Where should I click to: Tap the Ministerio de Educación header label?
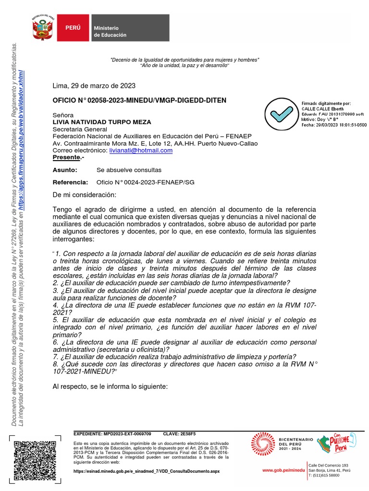(110, 32)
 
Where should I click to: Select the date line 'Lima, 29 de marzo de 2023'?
(94, 86)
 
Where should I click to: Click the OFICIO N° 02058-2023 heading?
(133, 100)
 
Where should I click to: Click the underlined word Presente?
(66, 158)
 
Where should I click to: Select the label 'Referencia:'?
(70, 182)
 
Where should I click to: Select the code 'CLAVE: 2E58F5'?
(180, 433)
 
